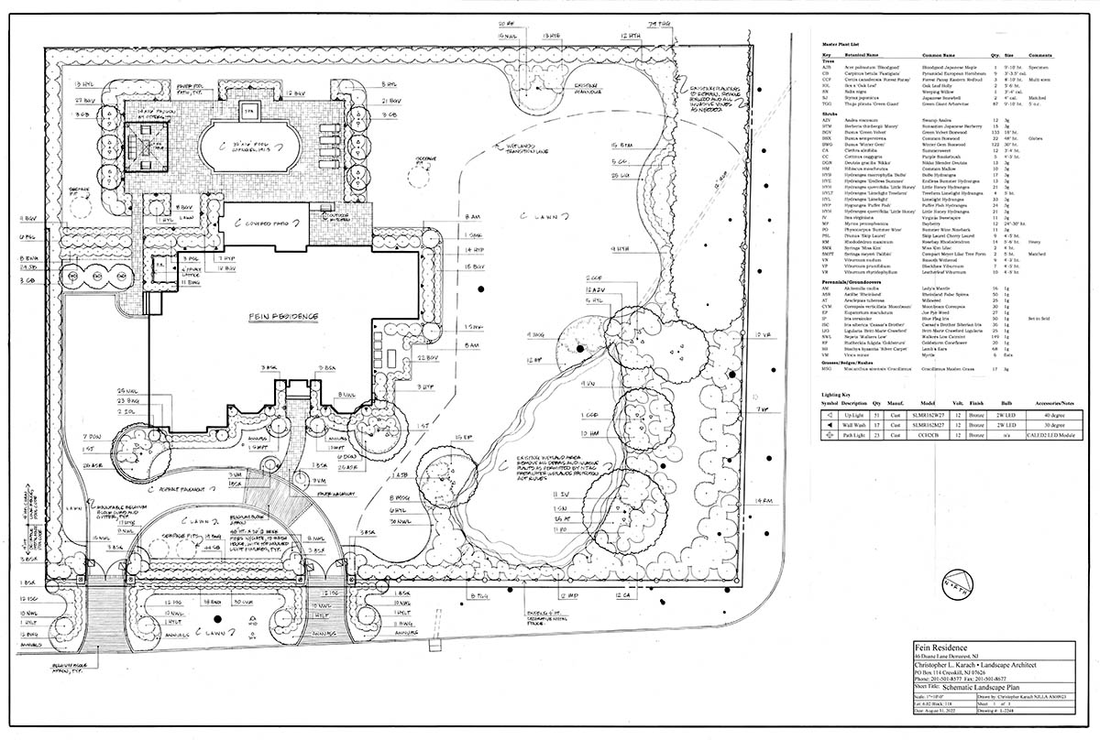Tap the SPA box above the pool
click(247, 108)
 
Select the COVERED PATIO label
click(268, 223)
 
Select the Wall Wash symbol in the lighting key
click(829, 426)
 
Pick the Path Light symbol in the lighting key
click(829, 436)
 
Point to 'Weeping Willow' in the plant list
click(919, 91)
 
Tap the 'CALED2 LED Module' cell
click(1057, 436)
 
